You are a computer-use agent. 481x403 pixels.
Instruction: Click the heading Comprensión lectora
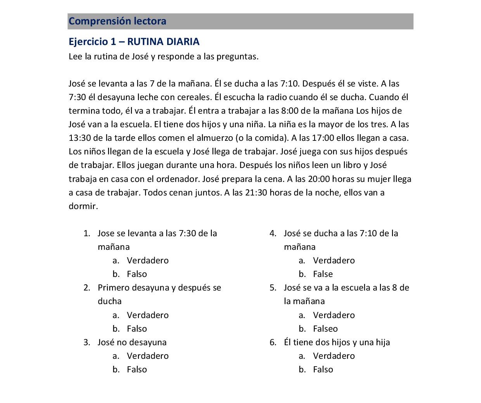pyautogui.click(x=117, y=21)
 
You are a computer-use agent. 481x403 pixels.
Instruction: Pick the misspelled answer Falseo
pyautogui.click(x=325, y=329)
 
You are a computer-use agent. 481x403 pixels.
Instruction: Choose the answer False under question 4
pyautogui.click(x=323, y=274)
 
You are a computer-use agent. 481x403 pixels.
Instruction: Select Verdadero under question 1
pyautogui.click(x=147, y=261)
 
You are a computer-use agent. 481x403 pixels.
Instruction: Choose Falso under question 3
pyautogui.click(x=137, y=370)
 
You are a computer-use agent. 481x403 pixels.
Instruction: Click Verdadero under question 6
pyautogui.click(x=334, y=356)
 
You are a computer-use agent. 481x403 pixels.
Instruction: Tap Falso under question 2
pyautogui.click(x=137, y=329)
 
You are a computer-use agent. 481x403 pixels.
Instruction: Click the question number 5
pyautogui.click(x=273, y=288)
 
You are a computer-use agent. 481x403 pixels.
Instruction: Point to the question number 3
pyautogui.click(x=87, y=342)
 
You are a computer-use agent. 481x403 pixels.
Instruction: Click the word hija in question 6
pyautogui.click(x=382, y=342)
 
